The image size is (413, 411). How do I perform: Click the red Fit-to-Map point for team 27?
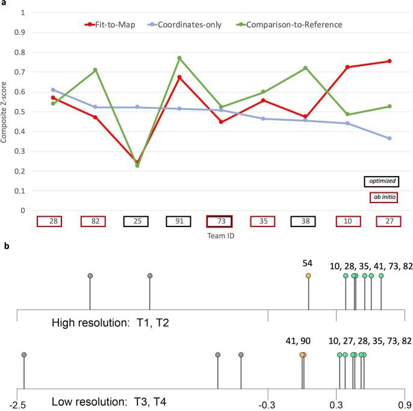390,61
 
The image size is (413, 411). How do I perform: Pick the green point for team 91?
179,58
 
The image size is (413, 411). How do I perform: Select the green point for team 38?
305,68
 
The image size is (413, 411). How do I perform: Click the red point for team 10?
347,67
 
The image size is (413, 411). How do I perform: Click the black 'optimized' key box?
382,180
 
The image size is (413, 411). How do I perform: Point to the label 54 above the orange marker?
308,263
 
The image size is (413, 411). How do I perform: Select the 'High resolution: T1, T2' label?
111,323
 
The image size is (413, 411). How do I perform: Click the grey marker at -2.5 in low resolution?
23,355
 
